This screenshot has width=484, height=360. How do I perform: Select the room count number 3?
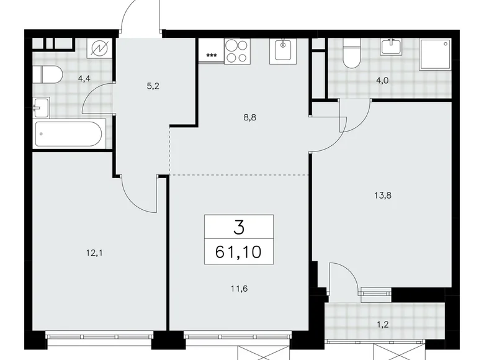(x=240, y=227)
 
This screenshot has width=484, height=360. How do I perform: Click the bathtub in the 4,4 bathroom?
(x=70, y=133)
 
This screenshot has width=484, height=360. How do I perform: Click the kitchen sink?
(x=284, y=50)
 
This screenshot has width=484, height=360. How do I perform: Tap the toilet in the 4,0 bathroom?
(x=352, y=54)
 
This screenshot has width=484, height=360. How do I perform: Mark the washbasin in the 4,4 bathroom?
(x=40, y=107)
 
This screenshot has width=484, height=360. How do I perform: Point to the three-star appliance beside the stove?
(x=211, y=56)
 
